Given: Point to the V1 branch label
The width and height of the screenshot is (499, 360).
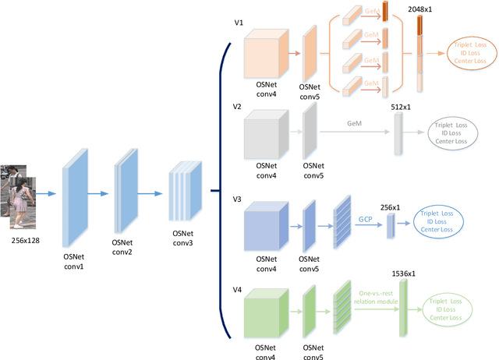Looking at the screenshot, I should click(x=239, y=23).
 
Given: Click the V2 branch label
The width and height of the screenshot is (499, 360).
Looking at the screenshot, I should click(x=239, y=105).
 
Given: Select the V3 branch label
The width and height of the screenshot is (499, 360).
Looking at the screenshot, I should click(x=239, y=199).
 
